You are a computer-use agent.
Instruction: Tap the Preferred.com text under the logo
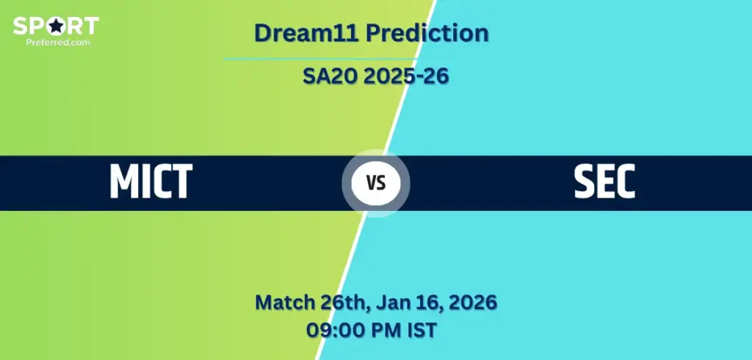tap(58, 42)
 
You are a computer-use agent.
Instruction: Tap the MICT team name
tap(151, 181)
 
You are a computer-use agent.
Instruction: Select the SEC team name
tap(604, 181)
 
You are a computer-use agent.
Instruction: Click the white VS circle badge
tap(376, 183)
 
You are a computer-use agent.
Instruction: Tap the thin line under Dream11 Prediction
tap(320, 60)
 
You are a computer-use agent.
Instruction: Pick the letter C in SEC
tap(624, 181)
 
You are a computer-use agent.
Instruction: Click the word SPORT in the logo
tap(56, 26)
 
